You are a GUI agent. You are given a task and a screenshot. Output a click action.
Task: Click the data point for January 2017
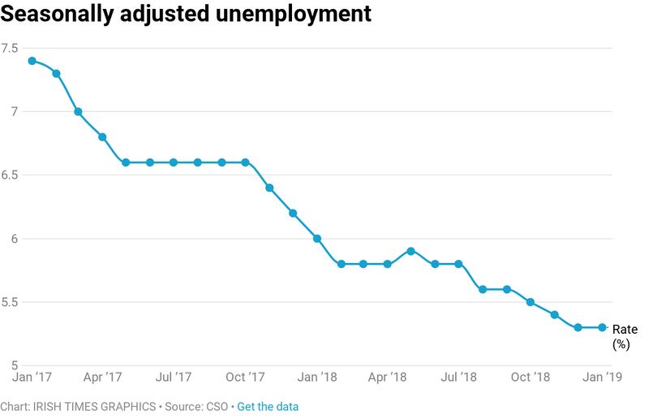coord(31,61)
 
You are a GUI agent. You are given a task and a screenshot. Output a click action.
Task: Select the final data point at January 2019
coord(602,328)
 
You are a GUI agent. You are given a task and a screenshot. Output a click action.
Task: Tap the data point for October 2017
coord(245,162)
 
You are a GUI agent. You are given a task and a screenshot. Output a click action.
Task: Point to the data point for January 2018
coord(316,239)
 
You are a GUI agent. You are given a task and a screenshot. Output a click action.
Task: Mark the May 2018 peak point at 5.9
coord(411,251)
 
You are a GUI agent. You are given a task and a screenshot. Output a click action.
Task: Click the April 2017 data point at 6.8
coord(102,137)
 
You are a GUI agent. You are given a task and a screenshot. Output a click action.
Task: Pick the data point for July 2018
coord(459,264)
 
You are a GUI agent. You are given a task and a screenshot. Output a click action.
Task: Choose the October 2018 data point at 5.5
coord(531,302)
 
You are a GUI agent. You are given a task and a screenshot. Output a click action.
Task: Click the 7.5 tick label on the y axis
coord(10,48)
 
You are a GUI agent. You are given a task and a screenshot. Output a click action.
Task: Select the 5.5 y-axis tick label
coord(10,302)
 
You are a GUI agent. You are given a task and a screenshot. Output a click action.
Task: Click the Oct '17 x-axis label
coord(245,378)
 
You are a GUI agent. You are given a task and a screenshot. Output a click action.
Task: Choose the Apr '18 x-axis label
coord(388,378)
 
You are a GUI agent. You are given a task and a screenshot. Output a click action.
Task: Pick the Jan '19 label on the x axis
coord(602,378)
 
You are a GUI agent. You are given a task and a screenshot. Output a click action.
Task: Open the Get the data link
coord(268,406)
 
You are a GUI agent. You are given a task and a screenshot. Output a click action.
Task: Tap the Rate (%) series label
coord(625,336)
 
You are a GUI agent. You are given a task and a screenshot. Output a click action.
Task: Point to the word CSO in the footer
coord(218,406)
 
